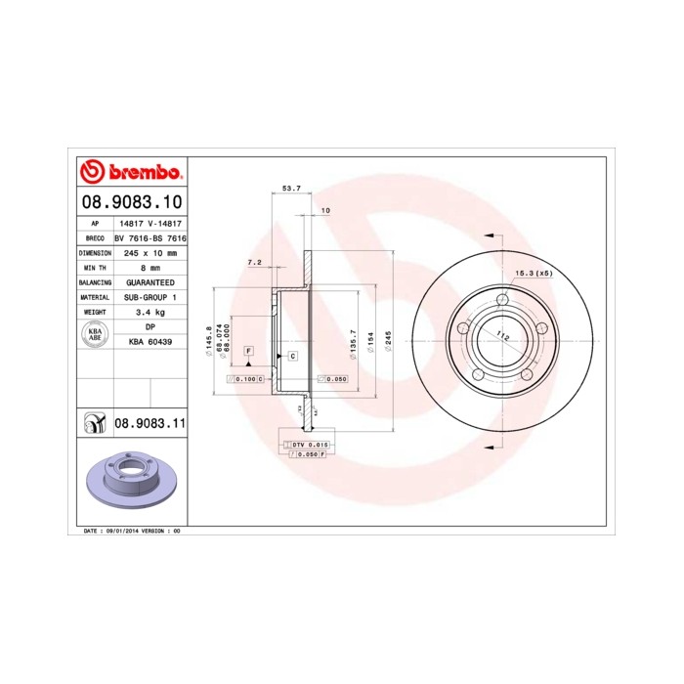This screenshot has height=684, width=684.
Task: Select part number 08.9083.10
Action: click(131, 203)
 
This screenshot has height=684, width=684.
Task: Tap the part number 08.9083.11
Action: click(150, 422)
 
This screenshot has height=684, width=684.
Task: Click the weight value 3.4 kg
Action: click(150, 312)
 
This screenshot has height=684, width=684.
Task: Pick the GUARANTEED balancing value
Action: click(150, 281)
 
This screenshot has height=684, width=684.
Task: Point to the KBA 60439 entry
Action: click(150, 341)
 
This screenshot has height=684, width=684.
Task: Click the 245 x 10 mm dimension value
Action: click(150, 252)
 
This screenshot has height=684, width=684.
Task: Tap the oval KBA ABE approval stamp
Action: click(95, 334)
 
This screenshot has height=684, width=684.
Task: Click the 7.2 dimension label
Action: click(254, 262)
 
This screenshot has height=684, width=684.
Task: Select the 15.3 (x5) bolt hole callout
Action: click(534, 273)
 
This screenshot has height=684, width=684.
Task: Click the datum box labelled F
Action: click(249, 350)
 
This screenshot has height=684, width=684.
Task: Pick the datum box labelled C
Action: click(292, 357)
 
